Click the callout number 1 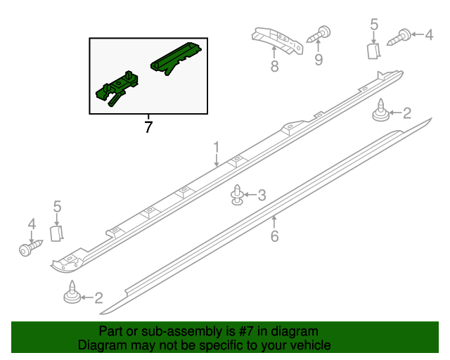tap(217, 147)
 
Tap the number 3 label tap(262, 195)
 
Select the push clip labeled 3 tap(238, 196)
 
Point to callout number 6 tap(274, 236)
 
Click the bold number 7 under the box tap(148, 127)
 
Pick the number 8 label tap(274, 67)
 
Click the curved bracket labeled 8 tap(278, 41)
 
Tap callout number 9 tap(319, 60)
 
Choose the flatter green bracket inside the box tap(176, 58)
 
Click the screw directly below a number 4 tap(30, 248)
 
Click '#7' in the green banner tap(248, 331)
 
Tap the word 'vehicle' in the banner tap(310, 346)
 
